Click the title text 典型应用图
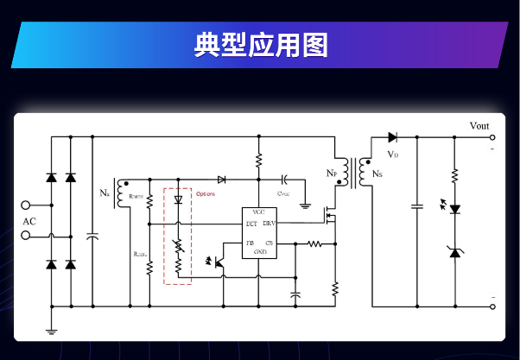coord(260,45)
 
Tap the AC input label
coord(29,221)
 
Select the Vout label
coord(479,126)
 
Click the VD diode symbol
coord(393,136)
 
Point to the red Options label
coord(206,194)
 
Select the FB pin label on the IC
coord(249,243)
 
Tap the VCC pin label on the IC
coord(258,212)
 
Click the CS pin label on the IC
coord(270,243)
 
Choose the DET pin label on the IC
coord(250,224)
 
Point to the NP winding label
coord(332,174)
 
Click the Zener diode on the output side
coord(454,251)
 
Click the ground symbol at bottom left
coord(51,328)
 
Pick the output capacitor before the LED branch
coord(417,206)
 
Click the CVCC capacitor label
coord(282,193)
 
